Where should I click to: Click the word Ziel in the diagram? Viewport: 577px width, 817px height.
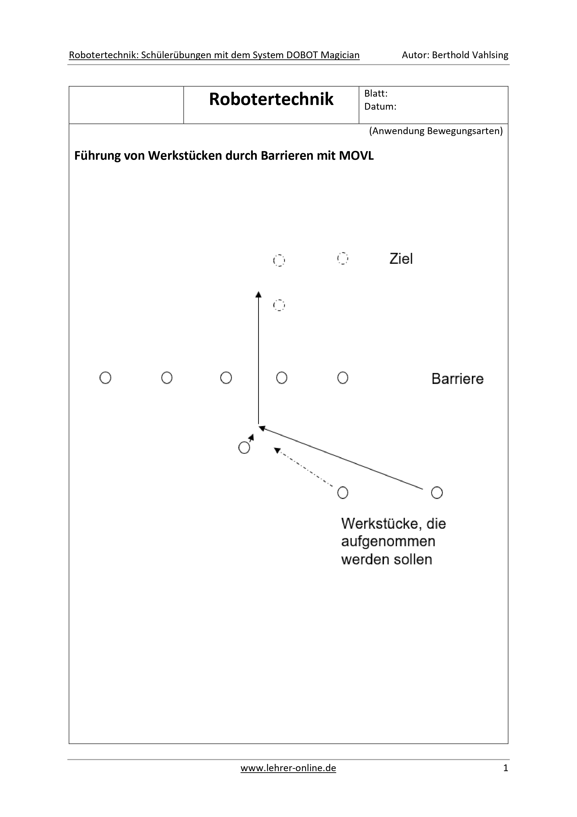tap(401, 259)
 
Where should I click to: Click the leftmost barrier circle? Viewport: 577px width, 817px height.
tap(105, 378)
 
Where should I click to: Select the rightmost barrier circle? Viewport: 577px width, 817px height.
tap(343, 378)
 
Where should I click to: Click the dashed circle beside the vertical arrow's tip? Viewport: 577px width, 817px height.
tap(279, 305)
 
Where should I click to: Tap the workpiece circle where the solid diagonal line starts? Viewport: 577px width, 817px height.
tap(437, 493)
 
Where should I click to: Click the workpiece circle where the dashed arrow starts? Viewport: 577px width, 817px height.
tap(343, 493)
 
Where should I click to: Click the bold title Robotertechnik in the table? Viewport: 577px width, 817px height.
tap(271, 99)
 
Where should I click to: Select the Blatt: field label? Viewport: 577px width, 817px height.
tap(376, 94)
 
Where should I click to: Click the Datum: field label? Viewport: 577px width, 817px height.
tap(380, 106)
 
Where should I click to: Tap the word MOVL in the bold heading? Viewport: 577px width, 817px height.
tap(356, 156)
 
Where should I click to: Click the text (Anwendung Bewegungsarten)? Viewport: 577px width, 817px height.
tap(436, 131)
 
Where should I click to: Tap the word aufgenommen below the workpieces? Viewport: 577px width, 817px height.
tap(388, 542)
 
